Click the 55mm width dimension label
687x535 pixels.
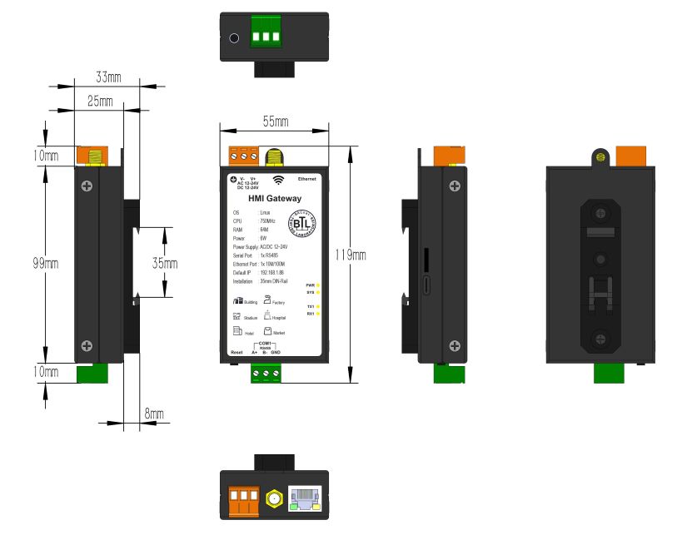(x=276, y=122)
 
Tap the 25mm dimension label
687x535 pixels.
(x=100, y=101)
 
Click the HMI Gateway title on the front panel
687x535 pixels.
(x=275, y=198)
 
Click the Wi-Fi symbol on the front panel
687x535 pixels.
(x=278, y=179)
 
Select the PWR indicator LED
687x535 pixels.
(x=318, y=285)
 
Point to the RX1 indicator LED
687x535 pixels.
(x=318, y=314)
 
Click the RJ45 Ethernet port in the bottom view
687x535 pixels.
(x=306, y=498)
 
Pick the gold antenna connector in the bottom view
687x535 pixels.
(x=272, y=499)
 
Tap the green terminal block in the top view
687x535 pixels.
(x=267, y=37)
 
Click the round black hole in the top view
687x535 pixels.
(x=235, y=37)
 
